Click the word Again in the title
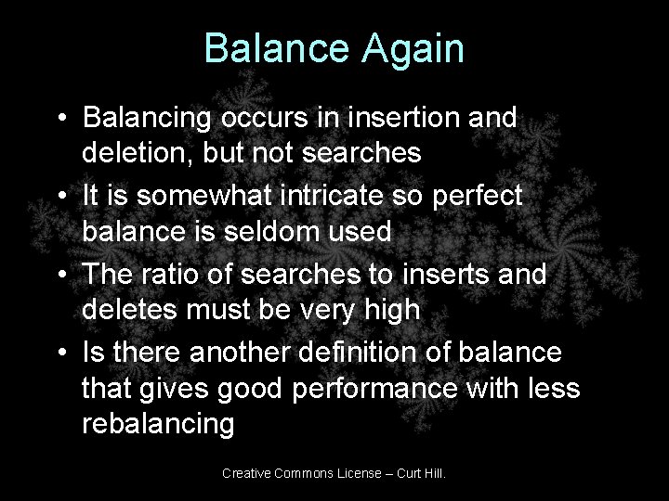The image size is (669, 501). tap(410, 48)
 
